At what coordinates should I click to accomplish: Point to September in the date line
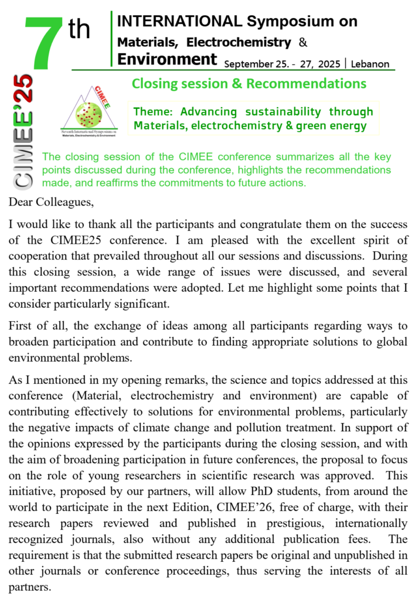[x=250, y=64]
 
